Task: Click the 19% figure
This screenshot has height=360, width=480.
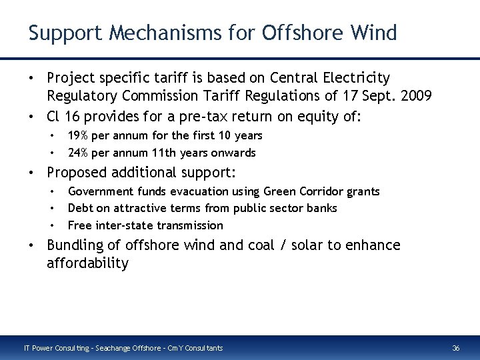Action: coord(79,135)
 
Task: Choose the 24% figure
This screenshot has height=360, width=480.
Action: coord(79,152)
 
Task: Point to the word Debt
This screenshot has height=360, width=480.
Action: coord(80,209)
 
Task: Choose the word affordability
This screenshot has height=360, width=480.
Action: coord(87,263)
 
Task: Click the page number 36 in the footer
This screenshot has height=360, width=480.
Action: coord(456,348)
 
